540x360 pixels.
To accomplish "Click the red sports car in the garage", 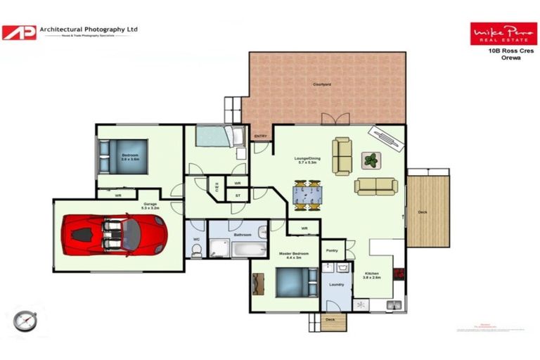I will click(x=114, y=234).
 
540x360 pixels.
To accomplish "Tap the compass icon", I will click(x=24, y=320).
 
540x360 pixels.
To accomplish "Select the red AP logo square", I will click(x=18, y=32).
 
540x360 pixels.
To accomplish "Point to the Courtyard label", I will click(x=322, y=84).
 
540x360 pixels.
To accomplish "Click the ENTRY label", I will click(x=260, y=136).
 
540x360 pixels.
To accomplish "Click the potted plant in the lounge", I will click(x=371, y=160).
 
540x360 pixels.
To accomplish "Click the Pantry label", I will click(x=332, y=250).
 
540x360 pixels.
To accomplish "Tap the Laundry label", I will click(x=336, y=284).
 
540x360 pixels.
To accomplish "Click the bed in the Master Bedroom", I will click(x=292, y=283).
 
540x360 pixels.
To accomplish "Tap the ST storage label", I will click(x=238, y=195).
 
